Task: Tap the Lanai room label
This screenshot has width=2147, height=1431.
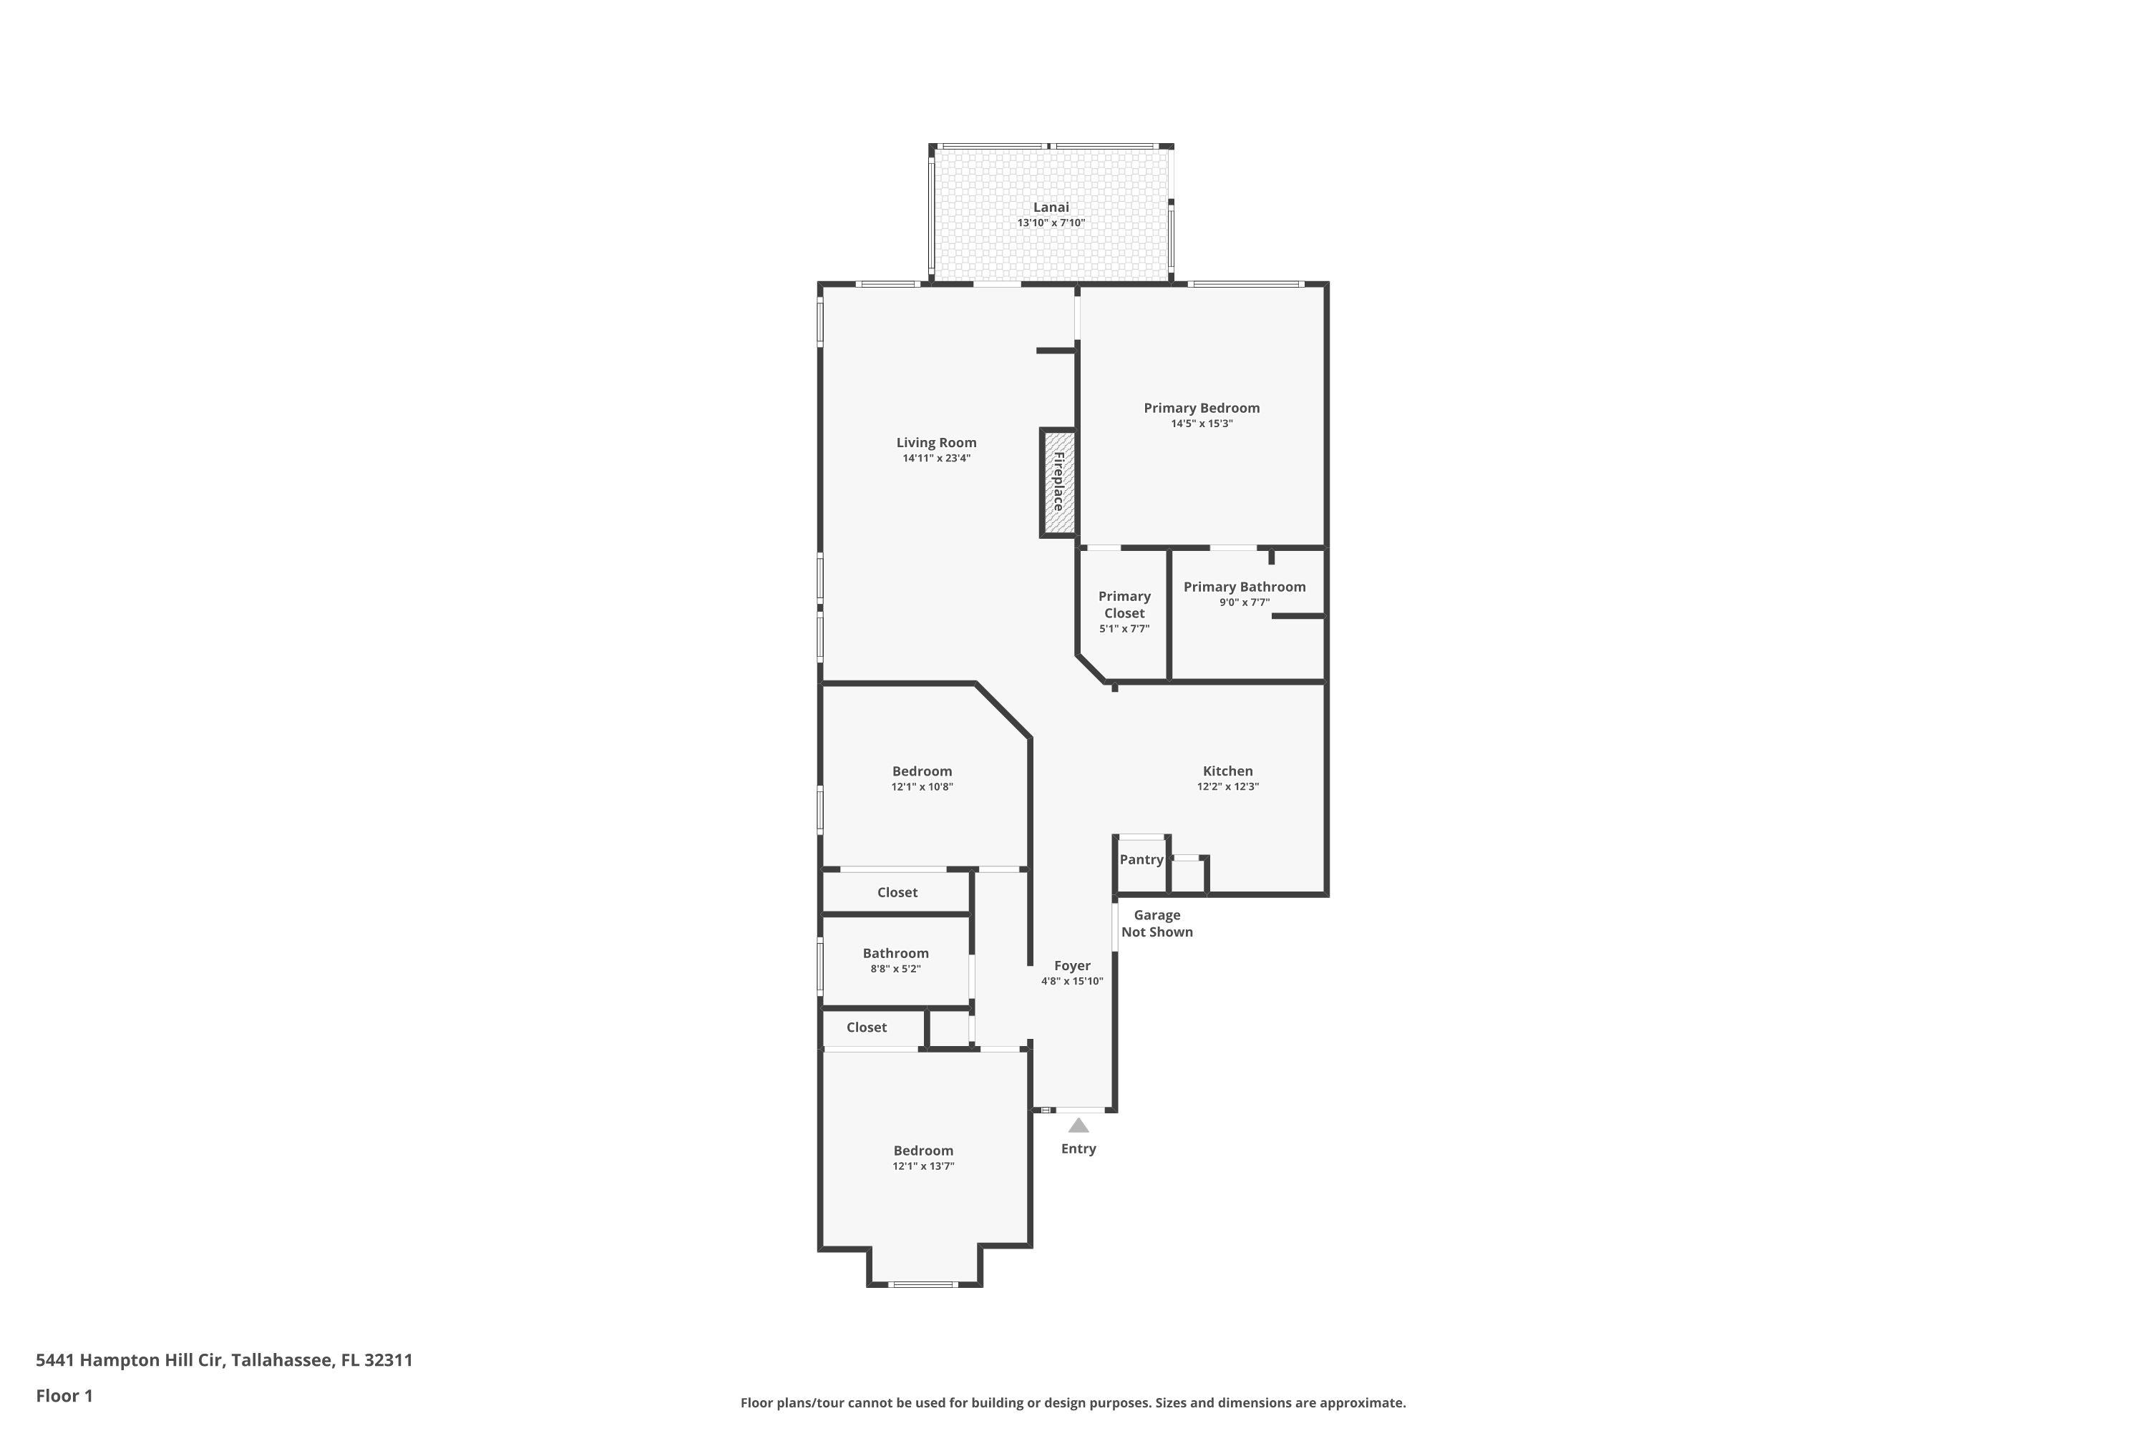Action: (x=1051, y=207)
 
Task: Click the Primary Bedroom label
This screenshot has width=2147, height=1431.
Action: (x=1202, y=408)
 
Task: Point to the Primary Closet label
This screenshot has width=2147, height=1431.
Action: (x=1124, y=604)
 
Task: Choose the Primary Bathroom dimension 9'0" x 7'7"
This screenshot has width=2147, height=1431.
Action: (x=1245, y=602)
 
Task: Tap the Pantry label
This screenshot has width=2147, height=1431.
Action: (x=1141, y=860)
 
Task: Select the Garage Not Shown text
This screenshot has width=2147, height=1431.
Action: (x=1157, y=923)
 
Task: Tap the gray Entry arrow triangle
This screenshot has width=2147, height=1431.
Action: (x=1078, y=1125)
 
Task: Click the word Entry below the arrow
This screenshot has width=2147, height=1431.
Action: (x=1078, y=1149)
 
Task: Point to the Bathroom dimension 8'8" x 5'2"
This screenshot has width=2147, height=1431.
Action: (x=895, y=970)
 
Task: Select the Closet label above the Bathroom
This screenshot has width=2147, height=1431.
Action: (x=897, y=892)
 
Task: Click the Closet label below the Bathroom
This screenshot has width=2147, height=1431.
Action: (x=866, y=1027)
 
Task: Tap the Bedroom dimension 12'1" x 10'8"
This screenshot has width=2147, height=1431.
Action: (x=922, y=786)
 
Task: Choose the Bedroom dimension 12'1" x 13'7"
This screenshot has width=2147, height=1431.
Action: (x=923, y=1166)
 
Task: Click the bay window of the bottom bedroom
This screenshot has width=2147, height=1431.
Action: (x=923, y=1284)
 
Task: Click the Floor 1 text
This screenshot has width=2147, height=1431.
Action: (x=64, y=1395)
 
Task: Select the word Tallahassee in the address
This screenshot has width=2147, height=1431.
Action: (x=281, y=1360)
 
